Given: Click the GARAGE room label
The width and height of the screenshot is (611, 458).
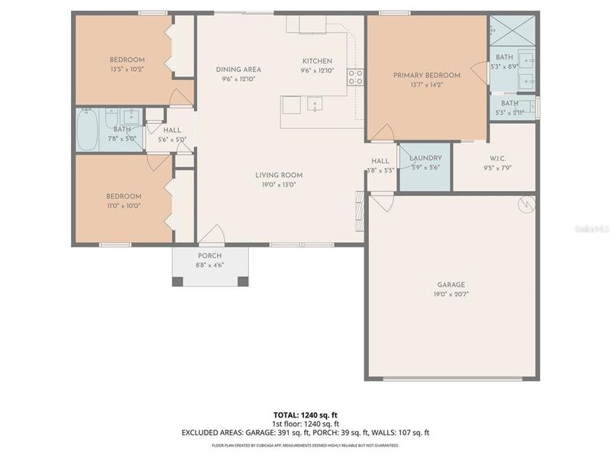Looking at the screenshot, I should click(451, 285).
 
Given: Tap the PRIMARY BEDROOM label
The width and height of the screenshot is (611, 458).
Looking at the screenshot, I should click(426, 76).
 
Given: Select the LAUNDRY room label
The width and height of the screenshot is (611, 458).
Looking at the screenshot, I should click(425, 158).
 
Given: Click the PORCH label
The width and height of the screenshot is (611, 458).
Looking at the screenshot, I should click(209, 256).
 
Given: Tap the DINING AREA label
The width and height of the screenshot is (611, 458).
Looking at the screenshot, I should click(238, 69).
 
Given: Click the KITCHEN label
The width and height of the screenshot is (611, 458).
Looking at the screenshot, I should click(317, 61).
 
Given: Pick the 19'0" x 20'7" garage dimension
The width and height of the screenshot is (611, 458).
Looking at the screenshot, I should click(451, 294).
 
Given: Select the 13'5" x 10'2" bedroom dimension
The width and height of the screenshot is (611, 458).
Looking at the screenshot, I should click(127, 69).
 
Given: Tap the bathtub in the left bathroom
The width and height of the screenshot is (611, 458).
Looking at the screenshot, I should click(87, 131).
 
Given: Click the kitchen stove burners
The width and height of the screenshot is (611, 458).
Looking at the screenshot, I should click(355, 76).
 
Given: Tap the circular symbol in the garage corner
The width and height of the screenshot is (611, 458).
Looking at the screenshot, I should click(525, 205).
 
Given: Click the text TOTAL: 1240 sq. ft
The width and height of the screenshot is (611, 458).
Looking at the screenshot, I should click(305, 414).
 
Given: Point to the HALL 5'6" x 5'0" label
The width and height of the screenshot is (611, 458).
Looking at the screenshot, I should click(172, 135).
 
